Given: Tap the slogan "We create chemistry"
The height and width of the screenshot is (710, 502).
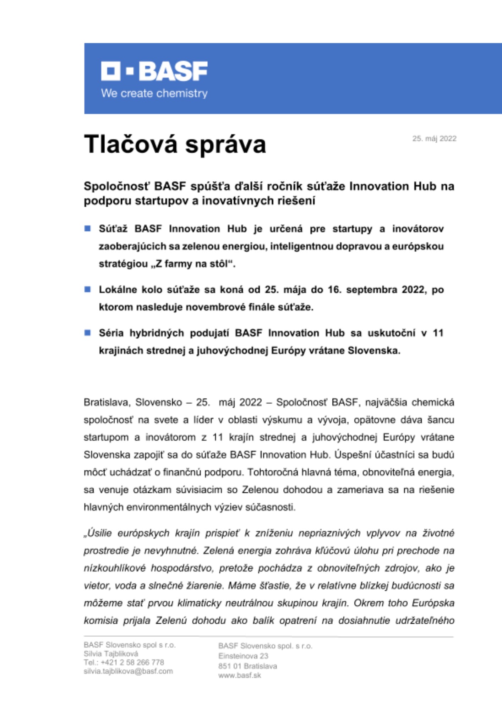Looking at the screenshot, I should (154, 93).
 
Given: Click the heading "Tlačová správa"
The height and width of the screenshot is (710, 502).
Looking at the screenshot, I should (175, 144).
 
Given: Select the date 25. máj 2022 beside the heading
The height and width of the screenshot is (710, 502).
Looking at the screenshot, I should (434, 138).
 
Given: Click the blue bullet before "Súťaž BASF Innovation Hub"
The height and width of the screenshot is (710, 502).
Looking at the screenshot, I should (87, 228).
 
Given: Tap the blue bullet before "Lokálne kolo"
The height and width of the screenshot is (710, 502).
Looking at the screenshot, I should (87, 289).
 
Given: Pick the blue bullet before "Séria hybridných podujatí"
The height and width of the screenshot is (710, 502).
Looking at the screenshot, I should (87, 333).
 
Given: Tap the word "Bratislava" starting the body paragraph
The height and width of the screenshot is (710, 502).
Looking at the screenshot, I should (107, 402).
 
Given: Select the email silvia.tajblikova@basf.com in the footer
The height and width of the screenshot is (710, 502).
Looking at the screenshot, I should (128, 671).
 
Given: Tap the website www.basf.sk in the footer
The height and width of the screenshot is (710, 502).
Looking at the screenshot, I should (240, 675).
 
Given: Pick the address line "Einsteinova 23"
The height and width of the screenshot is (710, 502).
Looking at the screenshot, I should (243, 656).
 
